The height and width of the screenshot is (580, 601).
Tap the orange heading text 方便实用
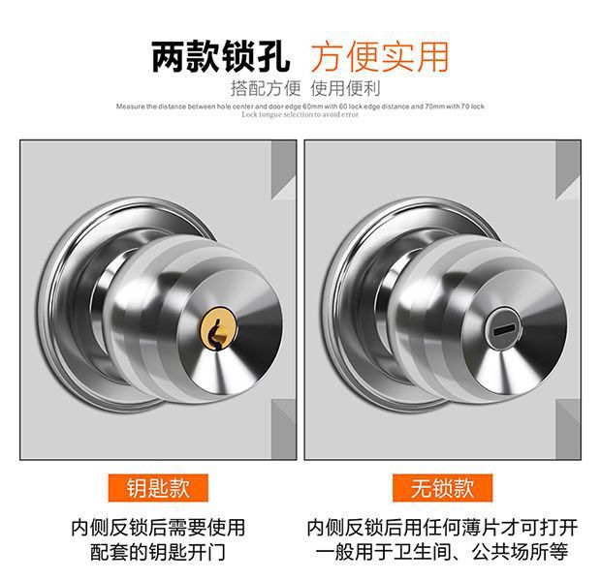coord(379,56)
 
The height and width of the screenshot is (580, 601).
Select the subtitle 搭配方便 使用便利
coord(300,87)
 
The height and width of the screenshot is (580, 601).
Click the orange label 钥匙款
coord(159,486)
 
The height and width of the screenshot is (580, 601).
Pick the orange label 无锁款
coord(442,486)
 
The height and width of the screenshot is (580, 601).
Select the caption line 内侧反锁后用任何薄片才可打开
coord(442,528)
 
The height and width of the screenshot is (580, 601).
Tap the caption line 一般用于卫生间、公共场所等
coord(442,553)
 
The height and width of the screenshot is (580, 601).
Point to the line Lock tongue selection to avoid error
coord(300,114)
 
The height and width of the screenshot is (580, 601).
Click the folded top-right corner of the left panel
coord(282,159)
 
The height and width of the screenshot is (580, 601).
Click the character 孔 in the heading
coord(273,56)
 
